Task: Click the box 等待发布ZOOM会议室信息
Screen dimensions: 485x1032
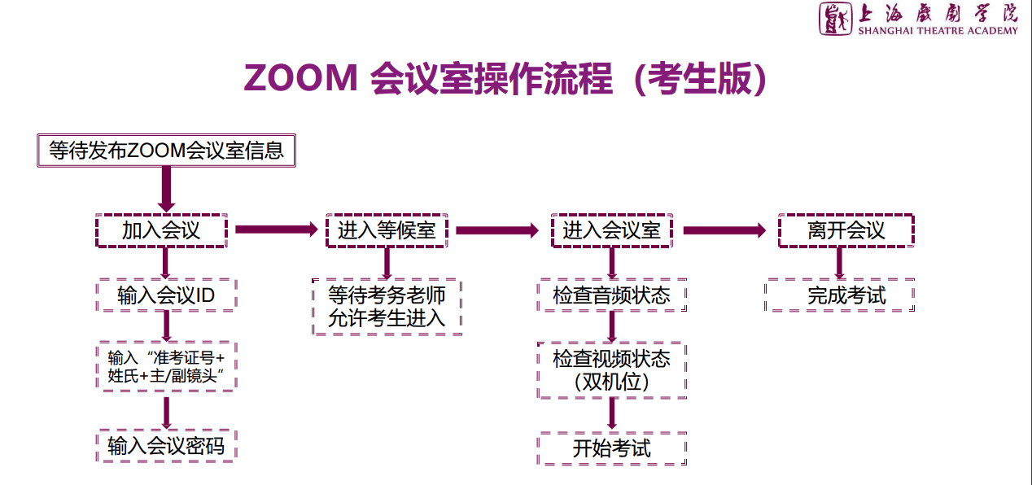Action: pos(166,151)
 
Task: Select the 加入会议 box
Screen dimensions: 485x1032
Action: pos(161,230)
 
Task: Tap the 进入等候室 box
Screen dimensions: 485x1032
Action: pos(387,230)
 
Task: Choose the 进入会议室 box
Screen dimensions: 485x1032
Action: pos(611,230)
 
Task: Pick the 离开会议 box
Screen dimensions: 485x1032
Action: pos(846,230)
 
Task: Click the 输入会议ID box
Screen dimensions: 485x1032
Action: pos(166,295)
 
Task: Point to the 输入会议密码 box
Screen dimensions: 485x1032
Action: pos(166,445)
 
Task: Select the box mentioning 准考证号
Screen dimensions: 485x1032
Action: pos(166,367)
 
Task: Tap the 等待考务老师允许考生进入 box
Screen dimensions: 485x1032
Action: pos(387,307)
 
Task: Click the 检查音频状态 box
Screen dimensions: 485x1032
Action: pos(611,295)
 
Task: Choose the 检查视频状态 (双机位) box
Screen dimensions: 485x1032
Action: pos(611,370)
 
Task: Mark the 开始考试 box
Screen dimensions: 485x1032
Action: pos(611,448)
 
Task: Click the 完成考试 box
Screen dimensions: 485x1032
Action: pos(840,295)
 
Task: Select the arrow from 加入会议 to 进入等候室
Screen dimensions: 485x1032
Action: pos(275,230)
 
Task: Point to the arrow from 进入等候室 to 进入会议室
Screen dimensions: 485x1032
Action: pos(496,230)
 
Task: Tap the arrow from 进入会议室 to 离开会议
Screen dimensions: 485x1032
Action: pos(724,230)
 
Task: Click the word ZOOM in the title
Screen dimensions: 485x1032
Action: pos(300,79)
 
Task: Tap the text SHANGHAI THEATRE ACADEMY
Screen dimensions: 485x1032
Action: pos(938,31)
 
